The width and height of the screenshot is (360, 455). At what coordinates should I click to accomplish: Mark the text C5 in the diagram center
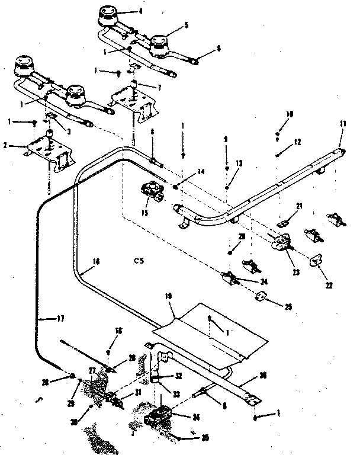pos(139,259)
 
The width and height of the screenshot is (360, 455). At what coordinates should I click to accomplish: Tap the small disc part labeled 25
pos(259,296)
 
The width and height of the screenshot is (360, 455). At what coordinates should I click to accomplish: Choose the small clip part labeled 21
pos(284,224)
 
